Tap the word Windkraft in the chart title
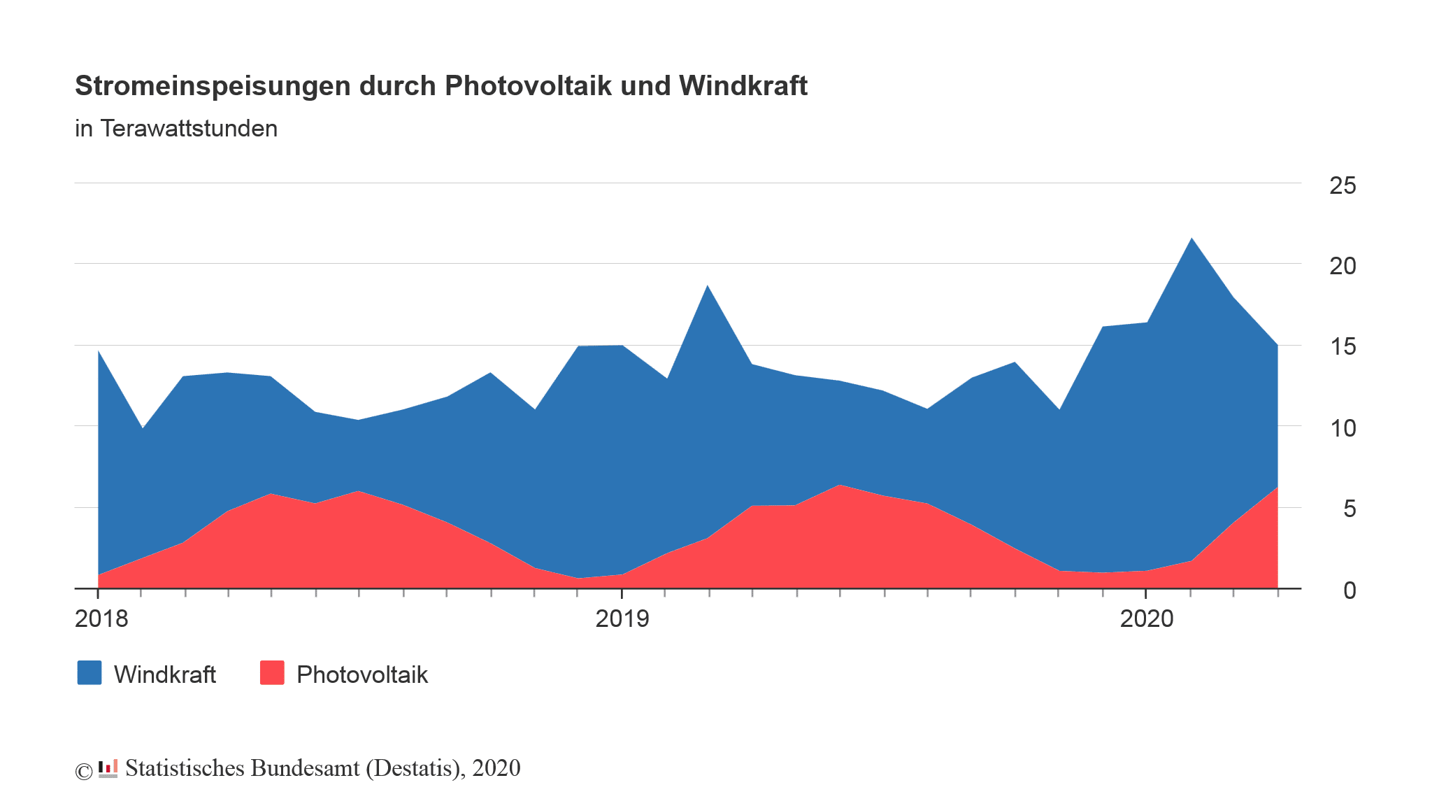(743, 86)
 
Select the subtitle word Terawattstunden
(189, 129)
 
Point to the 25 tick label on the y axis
(1342, 185)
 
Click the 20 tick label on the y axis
(1342, 266)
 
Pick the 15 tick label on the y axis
(1342, 347)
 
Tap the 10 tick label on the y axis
(1342, 428)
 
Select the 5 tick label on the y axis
(1349, 509)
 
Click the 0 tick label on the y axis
(1349, 591)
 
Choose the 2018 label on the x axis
(101, 618)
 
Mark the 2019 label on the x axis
(622, 618)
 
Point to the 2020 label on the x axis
(1147, 618)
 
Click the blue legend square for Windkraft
(89, 673)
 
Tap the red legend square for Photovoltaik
(272, 673)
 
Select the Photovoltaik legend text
(361, 674)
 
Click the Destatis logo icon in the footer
(108, 768)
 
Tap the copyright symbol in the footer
(83, 771)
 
